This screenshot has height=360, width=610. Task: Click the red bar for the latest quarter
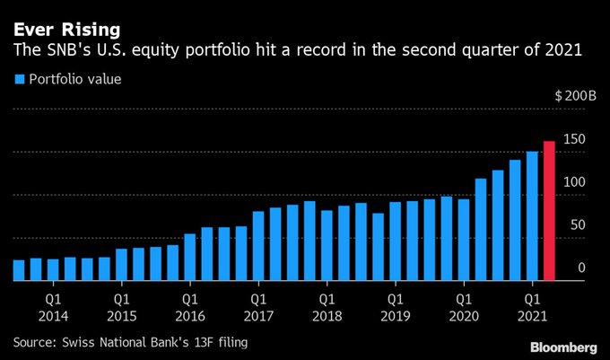(x=549, y=211)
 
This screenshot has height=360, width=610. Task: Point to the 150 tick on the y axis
(x=574, y=139)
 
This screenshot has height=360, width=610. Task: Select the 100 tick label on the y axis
(x=574, y=182)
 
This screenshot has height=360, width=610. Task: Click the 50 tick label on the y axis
(x=577, y=225)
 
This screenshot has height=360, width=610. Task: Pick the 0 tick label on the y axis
(x=581, y=268)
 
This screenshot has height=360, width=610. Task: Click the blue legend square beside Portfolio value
(x=18, y=79)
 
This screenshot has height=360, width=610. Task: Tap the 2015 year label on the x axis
(x=121, y=316)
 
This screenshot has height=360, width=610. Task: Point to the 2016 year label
(x=189, y=316)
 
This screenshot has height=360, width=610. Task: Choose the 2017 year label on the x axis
(x=257, y=316)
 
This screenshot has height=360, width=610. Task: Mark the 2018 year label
(x=327, y=316)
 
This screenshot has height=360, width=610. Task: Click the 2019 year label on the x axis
(x=395, y=316)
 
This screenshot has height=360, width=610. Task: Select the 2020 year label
(x=463, y=316)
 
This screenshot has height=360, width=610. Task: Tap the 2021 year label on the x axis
(x=532, y=316)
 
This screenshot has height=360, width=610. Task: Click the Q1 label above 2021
(x=532, y=297)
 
